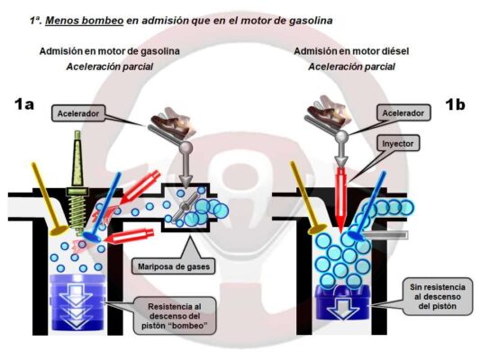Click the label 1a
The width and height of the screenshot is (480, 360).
(24, 104)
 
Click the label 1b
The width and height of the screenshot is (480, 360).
(455, 104)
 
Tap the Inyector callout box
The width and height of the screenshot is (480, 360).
(398, 143)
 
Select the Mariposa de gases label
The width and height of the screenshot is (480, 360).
(174, 266)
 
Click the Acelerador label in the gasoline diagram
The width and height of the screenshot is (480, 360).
(78, 113)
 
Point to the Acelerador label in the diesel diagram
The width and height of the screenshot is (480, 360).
(403, 112)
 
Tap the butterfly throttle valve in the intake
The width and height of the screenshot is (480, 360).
(185, 208)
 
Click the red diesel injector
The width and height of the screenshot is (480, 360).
(341, 199)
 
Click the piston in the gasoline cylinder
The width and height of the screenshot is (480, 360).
(77, 302)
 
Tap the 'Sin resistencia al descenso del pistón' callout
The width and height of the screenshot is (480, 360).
(438, 296)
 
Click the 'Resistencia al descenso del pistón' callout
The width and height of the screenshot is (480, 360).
(175, 316)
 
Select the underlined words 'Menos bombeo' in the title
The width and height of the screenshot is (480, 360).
(84, 21)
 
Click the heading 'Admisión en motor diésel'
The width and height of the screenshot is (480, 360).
(351, 51)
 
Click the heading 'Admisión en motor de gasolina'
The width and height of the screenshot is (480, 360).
(109, 51)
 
